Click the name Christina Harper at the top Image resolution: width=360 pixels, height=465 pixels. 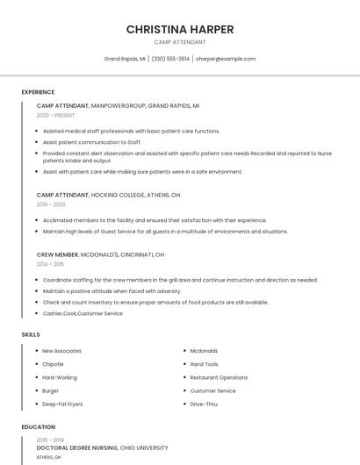coord(180,29)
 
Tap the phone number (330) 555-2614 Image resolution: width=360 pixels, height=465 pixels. coord(170,59)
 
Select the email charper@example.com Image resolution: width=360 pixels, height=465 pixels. coord(226,59)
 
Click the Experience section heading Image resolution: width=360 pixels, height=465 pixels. coord(38,92)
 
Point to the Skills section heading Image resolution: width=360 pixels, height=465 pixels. coord(31,334)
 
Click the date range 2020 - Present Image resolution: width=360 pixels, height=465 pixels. coord(55,115)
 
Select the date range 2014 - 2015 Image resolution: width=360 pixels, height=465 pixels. coord(50,263)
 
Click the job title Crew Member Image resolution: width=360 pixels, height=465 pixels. coord(58,254)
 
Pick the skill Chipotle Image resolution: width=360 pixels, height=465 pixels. coord(53,364)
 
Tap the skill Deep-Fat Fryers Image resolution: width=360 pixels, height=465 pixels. coord(62,404)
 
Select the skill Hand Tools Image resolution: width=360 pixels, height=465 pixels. coord(204,364)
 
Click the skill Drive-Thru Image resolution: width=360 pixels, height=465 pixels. coord(204,404)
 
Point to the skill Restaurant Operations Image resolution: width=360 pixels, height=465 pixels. coord(219,377)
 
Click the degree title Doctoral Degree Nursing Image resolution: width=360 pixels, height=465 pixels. coord(77,447)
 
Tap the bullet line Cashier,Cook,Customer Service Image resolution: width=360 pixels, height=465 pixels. coord(83,313)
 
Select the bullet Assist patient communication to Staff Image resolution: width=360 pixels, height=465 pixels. coord(91,141)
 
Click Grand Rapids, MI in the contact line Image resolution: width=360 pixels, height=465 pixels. coord(124,59)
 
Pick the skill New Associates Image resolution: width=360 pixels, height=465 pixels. coord(61,351)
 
